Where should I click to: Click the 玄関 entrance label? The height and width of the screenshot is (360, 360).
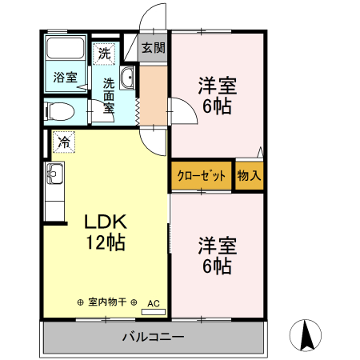tap(154, 48)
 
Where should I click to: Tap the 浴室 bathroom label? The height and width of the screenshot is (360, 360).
tap(65, 78)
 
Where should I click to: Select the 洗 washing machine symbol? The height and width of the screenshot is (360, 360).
tap(105, 55)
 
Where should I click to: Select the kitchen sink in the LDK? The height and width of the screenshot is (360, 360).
tap(54, 174)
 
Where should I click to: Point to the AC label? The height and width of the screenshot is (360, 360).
tap(154, 303)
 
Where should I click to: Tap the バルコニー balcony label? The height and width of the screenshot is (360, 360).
tap(153, 336)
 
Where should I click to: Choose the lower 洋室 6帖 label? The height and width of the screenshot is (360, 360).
tap(217, 255)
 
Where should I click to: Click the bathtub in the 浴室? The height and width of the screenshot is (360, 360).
tap(65, 50)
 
